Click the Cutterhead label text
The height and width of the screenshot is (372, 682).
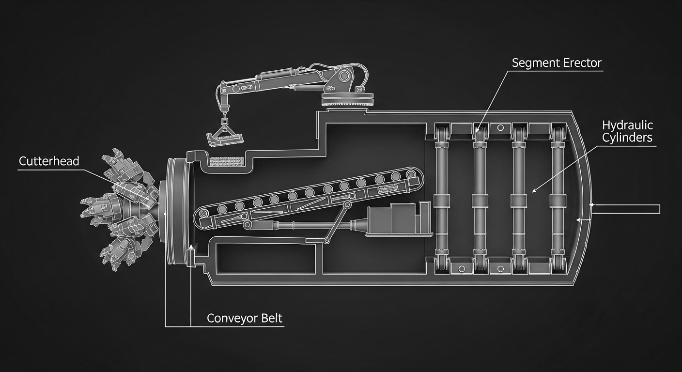(49, 161)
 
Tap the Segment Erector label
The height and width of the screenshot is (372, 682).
(557, 63)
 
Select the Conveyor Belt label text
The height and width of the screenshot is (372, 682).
(245, 318)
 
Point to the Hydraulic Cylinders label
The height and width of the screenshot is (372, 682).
(627, 131)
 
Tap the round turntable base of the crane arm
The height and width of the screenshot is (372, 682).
(347, 99)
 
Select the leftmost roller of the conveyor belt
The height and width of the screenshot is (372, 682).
(222, 209)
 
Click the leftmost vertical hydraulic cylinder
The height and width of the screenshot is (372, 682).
(441, 198)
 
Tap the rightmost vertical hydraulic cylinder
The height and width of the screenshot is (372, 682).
(558, 198)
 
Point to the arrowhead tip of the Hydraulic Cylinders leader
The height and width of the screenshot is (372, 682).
(532, 192)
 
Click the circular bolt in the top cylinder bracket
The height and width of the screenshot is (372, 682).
(500, 127)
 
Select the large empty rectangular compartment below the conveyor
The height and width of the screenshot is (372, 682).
(265, 258)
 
